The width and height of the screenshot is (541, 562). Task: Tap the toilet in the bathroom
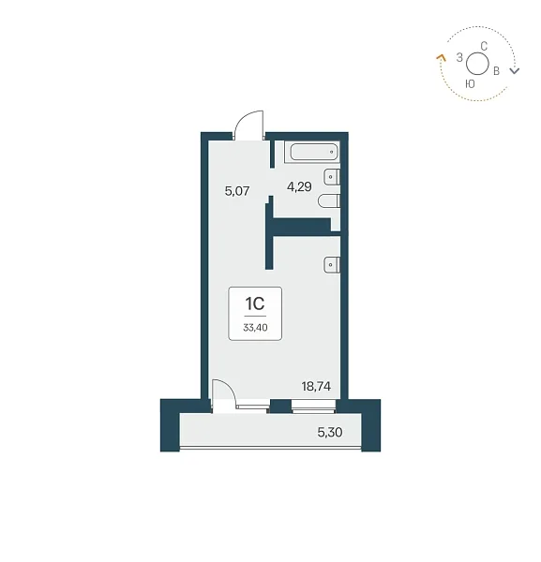(329, 200)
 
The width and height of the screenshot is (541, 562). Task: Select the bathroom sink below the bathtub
(332, 177)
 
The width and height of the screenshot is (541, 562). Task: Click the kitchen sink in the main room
(332, 265)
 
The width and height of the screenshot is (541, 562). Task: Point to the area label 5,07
(237, 191)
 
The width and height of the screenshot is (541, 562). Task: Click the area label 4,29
(299, 186)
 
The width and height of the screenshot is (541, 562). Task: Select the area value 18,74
(316, 386)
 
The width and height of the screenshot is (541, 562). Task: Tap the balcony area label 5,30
(330, 432)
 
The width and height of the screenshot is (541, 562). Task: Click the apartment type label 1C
(255, 303)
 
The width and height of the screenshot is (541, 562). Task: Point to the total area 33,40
(255, 327)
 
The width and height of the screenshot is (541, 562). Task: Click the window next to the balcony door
(313, 407)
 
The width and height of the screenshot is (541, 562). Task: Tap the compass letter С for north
(484, 46)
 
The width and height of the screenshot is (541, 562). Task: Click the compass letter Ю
(470, 84)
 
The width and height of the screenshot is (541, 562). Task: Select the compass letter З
(459, 57)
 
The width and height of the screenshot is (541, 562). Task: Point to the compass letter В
(496, 71)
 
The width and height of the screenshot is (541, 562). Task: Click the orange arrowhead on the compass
(441, 57)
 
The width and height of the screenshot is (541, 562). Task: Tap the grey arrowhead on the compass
(515, 70)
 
